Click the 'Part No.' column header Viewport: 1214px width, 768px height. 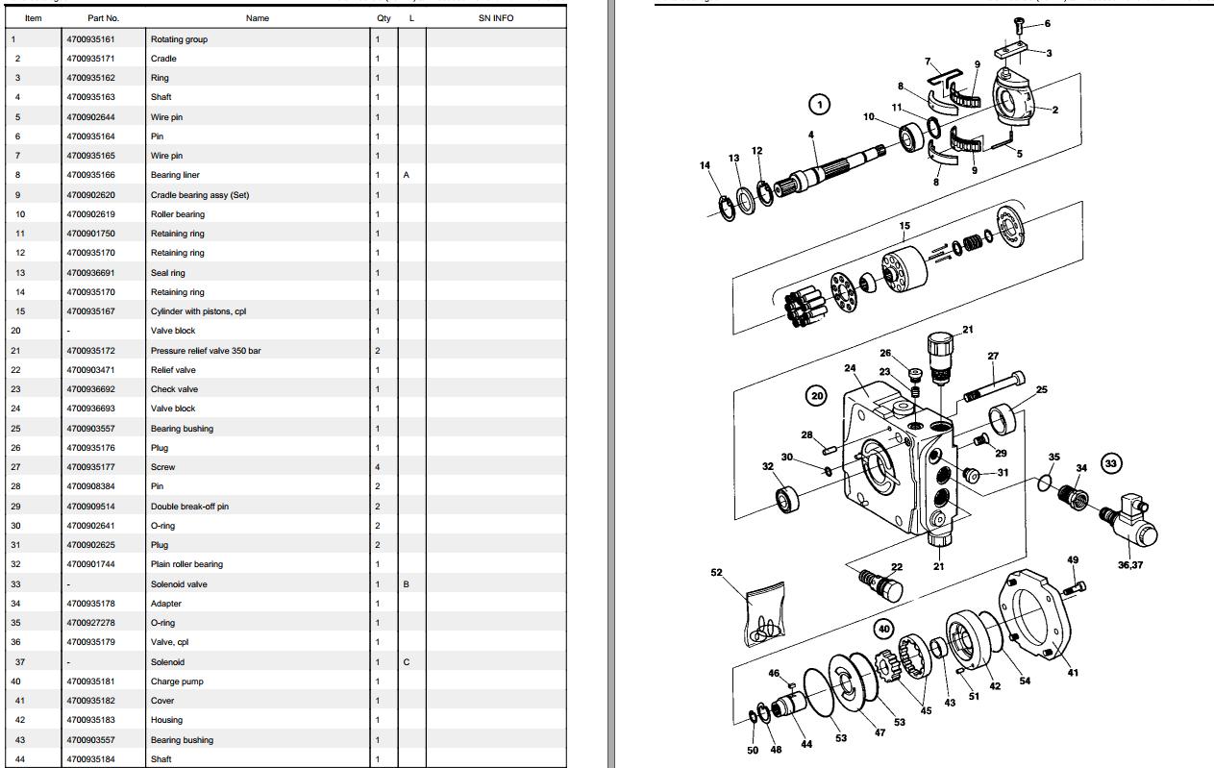(x=103, y=18)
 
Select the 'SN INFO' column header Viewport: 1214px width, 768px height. (x=495, y=18)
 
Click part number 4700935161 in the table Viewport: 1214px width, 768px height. (x=90, y=39)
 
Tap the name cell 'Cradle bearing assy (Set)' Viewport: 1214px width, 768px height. (x=199, y=195)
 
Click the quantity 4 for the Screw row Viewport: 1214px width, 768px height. (x=377, y=467)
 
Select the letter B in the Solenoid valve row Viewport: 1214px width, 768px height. (x=407, y=584)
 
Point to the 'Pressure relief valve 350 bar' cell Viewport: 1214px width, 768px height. (x=205, y=351)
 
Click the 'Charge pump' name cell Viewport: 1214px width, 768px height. (x=177, y=681)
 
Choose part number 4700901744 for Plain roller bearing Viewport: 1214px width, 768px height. (x=90, y=564)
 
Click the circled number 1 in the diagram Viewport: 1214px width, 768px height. (x=819, y=104)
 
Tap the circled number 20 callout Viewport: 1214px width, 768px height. (x=817, y=395)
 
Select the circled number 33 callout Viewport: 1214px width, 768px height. (x=1111, y=463)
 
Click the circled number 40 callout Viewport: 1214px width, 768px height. (x=884, y=629)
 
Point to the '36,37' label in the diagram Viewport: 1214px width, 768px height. (x=1129, y=565)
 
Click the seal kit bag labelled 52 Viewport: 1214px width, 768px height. (x=764, y=615)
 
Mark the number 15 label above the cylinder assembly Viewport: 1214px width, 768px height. (x=904, y=227)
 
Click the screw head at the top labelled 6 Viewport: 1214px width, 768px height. (x=1018, y=22)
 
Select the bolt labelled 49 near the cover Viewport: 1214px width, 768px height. (x=1076, y=584)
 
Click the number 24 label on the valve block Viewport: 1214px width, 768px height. (x=850, y=368)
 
